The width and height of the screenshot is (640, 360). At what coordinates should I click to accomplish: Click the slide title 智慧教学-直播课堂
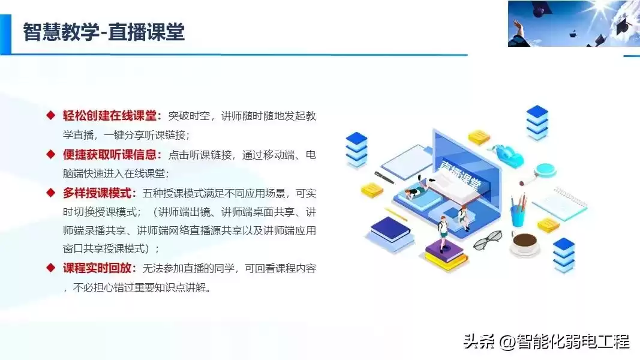(x=103, y=31)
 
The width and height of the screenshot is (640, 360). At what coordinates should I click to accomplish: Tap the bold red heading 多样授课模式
(x=100, y=193)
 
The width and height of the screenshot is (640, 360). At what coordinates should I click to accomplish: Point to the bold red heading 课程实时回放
(x=100, y=268)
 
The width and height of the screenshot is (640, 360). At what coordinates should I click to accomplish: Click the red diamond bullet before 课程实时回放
(x=51, y=268)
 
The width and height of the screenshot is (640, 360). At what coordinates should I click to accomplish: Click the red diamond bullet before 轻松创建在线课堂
(x=51, y=116)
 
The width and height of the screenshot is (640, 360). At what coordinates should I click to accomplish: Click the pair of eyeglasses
(x=487, y=240)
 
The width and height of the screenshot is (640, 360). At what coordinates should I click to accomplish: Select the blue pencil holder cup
(x=517, y=214)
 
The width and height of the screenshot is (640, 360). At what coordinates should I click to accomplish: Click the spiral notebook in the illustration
(x=561, y=203)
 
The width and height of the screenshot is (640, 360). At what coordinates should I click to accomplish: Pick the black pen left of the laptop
(x=384, y=178)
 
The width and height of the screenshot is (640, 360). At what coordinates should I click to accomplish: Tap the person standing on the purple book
(x=443, y=233)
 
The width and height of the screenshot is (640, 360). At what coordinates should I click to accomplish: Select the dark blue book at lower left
(x=390, y=230)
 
